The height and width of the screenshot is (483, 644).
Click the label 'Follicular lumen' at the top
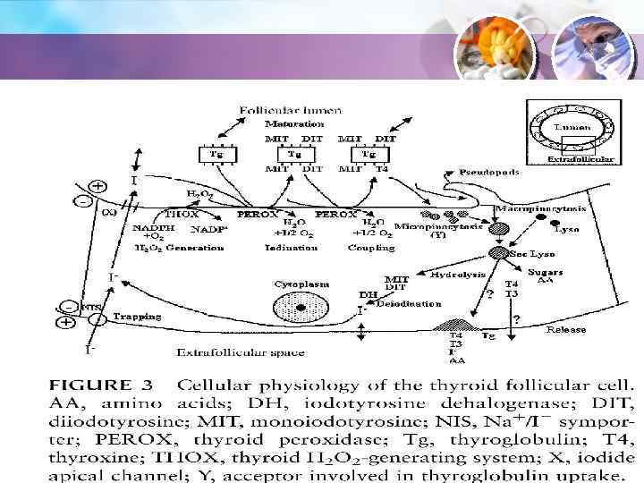click(x=290, y=110)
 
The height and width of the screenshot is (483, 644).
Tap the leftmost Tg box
click(x=216, y=155)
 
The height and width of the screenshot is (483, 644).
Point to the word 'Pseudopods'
click(x=489, y=172)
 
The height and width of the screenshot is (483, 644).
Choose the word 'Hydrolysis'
click(x=452, y=275)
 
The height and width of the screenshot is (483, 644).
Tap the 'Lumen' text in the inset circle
click(x=572, y=128)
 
